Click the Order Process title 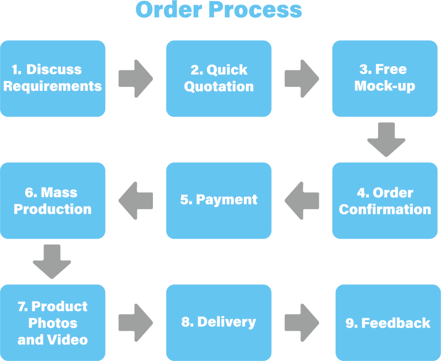(219, 11)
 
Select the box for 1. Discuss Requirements (53, 78)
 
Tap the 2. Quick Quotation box (219, 78)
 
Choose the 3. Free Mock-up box (385, 78)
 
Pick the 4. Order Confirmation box (385, 201)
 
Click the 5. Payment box (219, 201)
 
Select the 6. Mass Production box (53, 201)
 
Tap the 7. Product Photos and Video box (53, 322)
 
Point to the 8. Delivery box (219, 322)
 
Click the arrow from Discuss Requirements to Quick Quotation (135, 79)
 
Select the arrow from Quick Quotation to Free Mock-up (301, 79)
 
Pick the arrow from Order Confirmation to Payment (301, 201)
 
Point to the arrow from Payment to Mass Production (135, 201)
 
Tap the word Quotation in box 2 (219, 87)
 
